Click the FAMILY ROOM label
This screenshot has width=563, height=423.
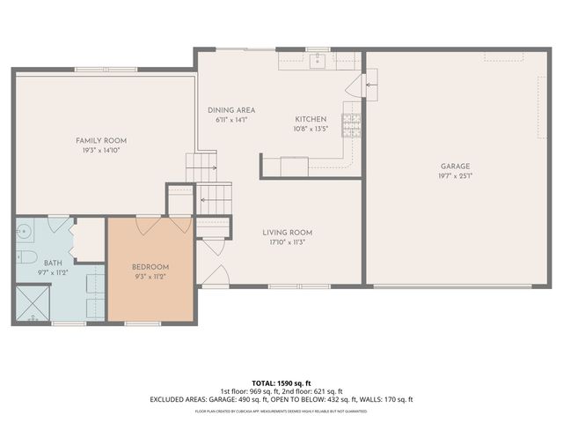click(x=101, y=141)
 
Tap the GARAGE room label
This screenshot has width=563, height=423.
click(x=456, y=166)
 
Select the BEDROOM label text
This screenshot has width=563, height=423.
click(x=150, y=267)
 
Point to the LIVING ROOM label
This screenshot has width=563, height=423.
click(x=287, y=233)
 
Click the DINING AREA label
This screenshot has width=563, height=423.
click(x=231, y=110)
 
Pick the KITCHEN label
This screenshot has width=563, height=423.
click(x=311, y=119)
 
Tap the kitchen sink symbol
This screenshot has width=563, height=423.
click(x=317, y=60)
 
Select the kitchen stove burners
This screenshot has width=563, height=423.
click(x=352, y=126)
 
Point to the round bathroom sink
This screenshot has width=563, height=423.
click(x=26, y=232)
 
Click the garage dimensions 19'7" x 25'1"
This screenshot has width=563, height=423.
click(x=456, y=175)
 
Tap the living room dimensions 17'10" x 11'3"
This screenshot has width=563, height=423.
click(x=287, y=242)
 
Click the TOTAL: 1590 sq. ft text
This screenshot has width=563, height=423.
click(x=281, y=383)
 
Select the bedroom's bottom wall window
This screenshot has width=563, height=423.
click(x=143, y=323)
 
